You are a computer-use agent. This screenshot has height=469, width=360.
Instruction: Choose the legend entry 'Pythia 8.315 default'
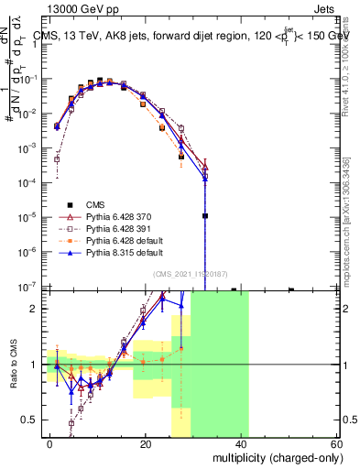[129, 251]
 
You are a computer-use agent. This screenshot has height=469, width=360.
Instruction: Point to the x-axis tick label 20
[146, 443]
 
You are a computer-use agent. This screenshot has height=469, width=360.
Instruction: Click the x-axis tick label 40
[242, 443]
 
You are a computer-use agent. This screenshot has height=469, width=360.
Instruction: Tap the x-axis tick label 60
[336, 443]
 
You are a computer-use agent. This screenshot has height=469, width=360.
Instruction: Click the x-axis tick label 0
[49, 443]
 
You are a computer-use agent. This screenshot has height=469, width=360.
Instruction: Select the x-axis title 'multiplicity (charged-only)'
[276, 457]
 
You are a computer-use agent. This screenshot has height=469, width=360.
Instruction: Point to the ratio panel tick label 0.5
[31, 420]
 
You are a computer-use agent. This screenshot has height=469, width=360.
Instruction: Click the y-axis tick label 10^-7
[31, 288]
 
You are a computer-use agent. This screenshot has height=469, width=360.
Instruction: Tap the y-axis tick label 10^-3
[31, 147]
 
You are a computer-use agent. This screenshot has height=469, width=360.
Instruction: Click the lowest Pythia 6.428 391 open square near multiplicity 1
[57, 159]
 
